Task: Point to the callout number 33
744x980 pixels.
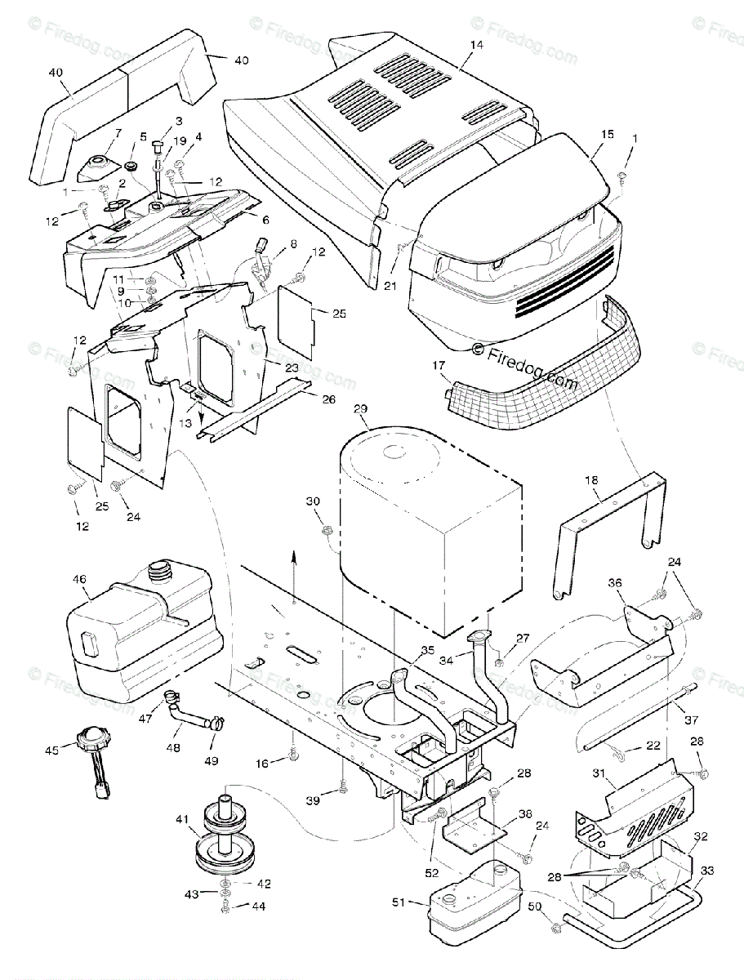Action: click(x=707, y=871)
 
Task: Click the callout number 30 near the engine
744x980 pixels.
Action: click(x=313, y=501)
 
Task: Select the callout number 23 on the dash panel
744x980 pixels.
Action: click(x=292, y=367)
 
